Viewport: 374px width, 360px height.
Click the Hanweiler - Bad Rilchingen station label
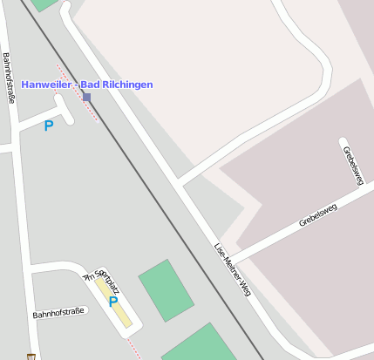tap(87, 85)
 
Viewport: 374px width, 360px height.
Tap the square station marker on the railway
tap(86, 97)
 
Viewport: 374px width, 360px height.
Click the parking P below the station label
tap(49, 126)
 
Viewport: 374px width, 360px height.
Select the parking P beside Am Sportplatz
tap(113, 302)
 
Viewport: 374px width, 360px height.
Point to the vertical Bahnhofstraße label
tap(9, 78)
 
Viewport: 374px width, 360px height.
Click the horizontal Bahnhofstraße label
tap(60, 312)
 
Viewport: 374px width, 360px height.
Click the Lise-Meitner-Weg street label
tap(233, 269)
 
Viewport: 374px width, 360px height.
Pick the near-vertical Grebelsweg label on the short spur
tap(353, 161)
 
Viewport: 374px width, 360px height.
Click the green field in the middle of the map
tap(166, 289)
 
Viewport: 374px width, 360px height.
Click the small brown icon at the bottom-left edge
tap(32, 356)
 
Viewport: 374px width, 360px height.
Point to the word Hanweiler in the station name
tap(45, 85)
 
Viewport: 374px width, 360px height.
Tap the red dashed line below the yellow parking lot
tap(133, 348)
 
